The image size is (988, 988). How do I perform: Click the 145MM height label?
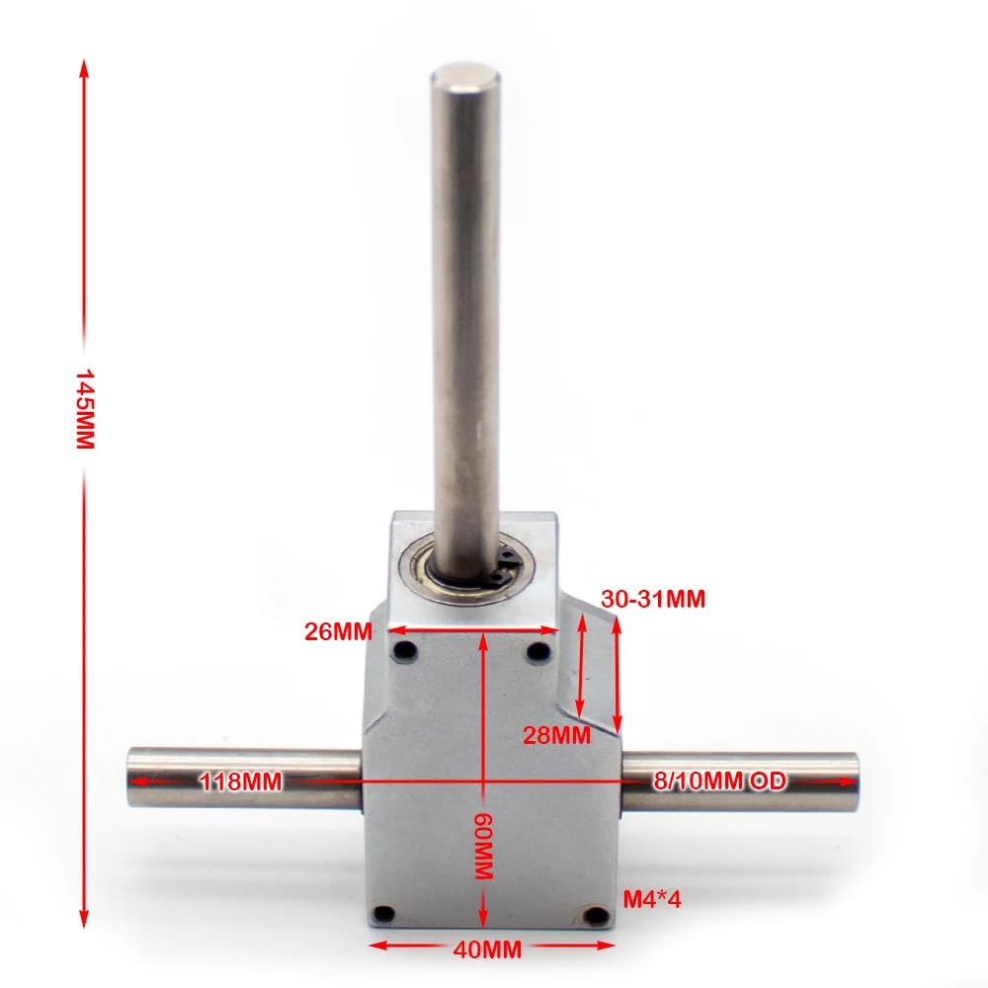85,410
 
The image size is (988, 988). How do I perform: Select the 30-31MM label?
653,599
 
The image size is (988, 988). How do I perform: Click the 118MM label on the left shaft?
240,782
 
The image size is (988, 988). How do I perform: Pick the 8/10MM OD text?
719,782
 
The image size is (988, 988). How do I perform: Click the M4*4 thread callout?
652,898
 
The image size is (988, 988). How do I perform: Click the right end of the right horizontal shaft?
855,781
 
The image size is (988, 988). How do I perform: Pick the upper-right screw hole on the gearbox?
538,651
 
